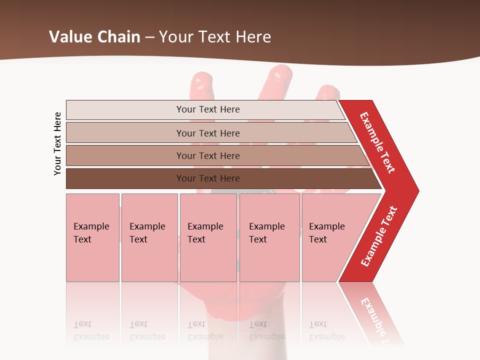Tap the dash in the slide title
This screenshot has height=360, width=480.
149,37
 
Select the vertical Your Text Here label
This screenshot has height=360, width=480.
57,143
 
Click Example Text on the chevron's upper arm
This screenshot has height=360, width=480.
377,142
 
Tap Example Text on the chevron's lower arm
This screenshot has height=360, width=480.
379,236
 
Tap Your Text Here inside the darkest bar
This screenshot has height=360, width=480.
208,178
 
